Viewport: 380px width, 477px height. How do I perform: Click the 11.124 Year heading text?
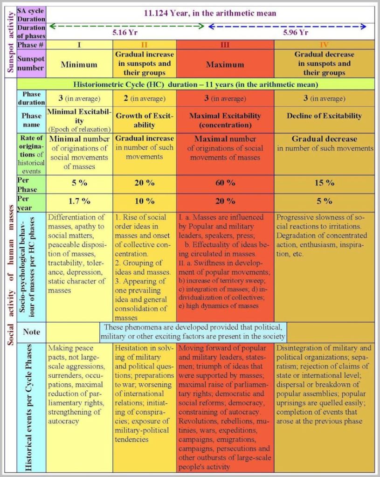pos(210,13)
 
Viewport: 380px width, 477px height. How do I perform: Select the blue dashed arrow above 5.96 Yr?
pos(287,26)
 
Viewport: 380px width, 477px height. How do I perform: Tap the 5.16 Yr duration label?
pos(123,33)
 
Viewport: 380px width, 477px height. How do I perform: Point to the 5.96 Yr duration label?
pos(296,33)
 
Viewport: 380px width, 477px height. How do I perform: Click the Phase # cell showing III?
pos(225,45)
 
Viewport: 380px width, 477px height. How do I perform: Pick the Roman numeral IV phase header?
pos(324,45)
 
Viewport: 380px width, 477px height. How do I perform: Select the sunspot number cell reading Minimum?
pos(79,64)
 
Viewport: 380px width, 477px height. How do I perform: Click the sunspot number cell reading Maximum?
pos(225,64)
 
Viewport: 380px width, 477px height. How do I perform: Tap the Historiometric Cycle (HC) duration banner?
pos(196,84)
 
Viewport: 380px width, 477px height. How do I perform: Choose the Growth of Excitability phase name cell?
pos(144,120)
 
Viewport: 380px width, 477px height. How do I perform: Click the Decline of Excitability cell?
pos(324,116)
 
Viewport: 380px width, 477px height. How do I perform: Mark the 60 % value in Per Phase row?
pos(225,183)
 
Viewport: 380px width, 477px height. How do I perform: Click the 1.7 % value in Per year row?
pos(79,201)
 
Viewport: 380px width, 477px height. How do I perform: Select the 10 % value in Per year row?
pos(144,201)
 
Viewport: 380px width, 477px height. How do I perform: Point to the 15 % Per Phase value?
pos(324,183)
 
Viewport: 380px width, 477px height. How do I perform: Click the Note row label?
pos(31,332)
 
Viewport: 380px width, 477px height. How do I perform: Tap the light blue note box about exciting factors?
pos(193,332)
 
